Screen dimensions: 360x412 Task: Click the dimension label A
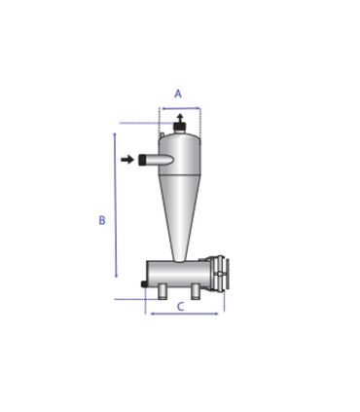(x=178, y=94)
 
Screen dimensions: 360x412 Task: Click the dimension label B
(x=102, y=220)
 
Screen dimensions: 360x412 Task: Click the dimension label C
(x=180, y=306)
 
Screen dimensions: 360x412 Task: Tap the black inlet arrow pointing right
(x=127, y=160)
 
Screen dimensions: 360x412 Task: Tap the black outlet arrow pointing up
(x=180, y=118)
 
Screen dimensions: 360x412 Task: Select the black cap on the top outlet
(x=179, y=126)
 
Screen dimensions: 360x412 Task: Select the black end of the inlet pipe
(x=142, y=160)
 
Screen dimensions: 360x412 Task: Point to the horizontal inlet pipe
(x=157, y=160)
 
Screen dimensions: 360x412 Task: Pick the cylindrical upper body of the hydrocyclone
(x=179, y=155)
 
